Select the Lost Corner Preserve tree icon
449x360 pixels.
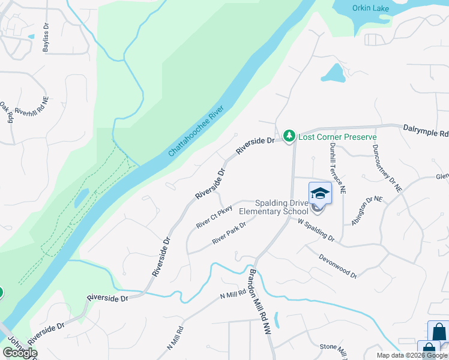click(x=289, y=137)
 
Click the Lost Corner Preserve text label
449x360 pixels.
click(x=337, y=137)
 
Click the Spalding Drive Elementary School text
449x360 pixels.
click(x=273, y=207)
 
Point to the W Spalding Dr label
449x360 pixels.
click(x=316, y=230)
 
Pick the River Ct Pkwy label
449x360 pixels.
click(x=214, y=217)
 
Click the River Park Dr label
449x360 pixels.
click(x=229, y=233)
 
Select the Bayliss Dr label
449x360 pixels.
click(x=46, y=38)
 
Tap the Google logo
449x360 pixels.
click(x=19, y=353)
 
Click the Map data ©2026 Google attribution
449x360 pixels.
click(x=412, y=355)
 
